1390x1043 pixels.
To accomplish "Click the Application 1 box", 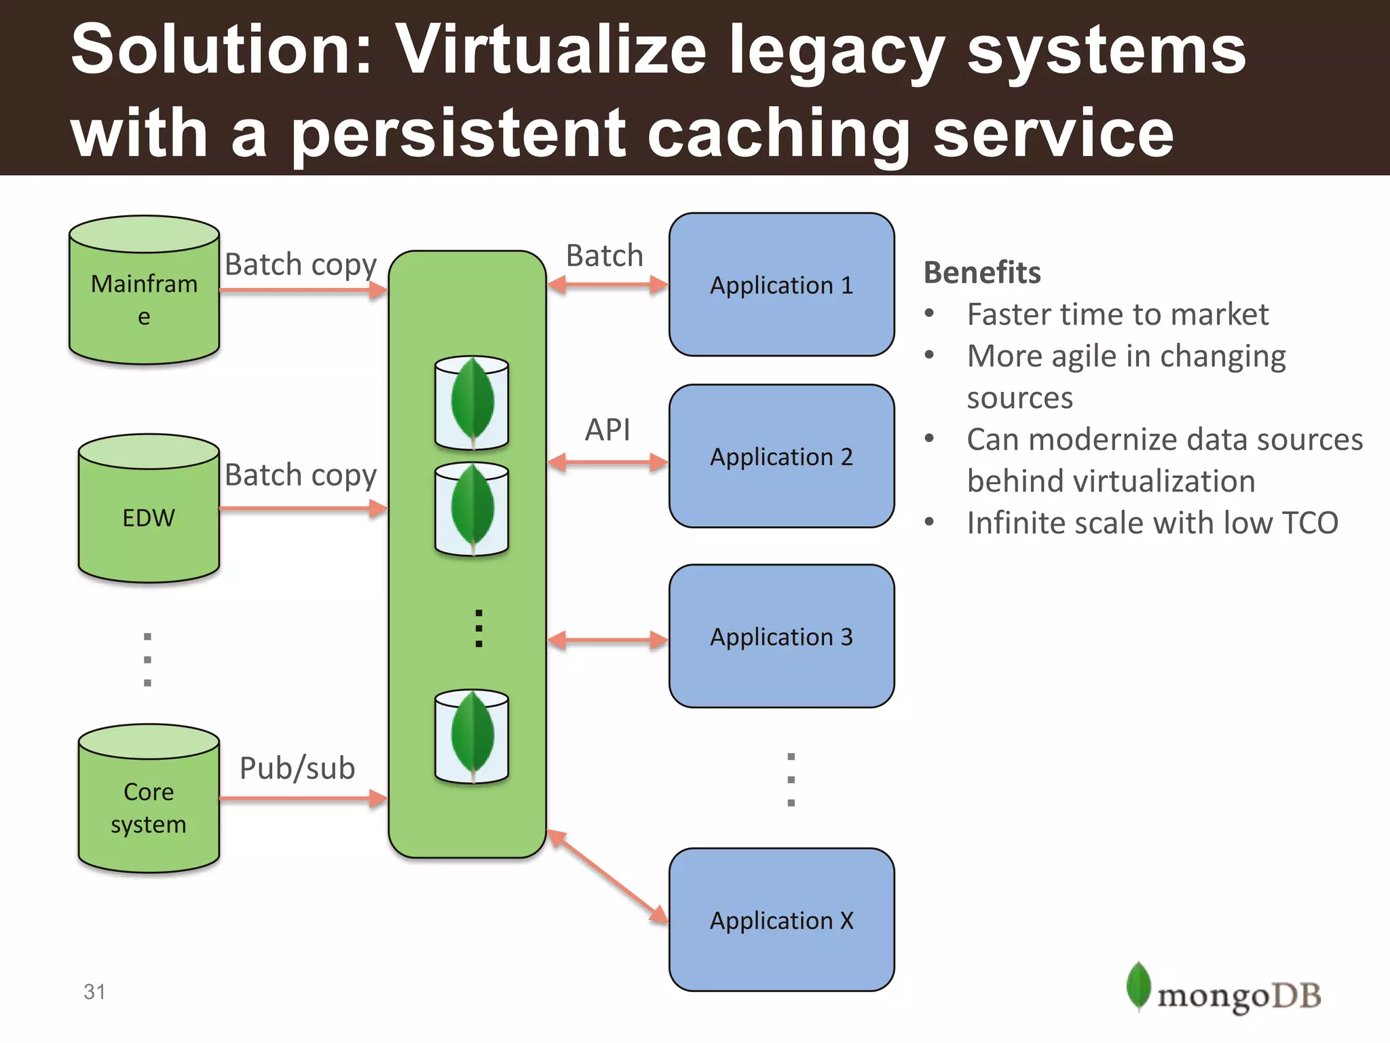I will pyautogui.click(x=781, y=285).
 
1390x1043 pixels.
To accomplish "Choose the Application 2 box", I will pyautogui.click(x=781, y=456).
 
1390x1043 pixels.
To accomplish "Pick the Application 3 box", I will pyautogui.click(x=781, y=636).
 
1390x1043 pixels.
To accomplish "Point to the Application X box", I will pyautogui.click(x=781, y=919).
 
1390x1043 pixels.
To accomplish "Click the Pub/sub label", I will pyautogui.click(x=297, y=768).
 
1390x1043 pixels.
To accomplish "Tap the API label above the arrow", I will pyautogui.click(x=607, y=430).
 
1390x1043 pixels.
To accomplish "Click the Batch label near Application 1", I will pyautogui.click(x=604, y=256).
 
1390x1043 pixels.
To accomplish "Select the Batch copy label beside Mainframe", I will pyautogui.click(x=301, y=264).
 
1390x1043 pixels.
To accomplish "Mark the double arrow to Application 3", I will pyautogui.click(x=607, y=640).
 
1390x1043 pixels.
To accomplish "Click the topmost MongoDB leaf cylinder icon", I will pyautogui.click(x=472, y=403).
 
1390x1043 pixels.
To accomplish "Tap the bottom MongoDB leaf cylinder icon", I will pyautogui.click(x=472, y=737).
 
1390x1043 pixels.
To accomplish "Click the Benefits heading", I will pyautogui.click(x=981, y=272).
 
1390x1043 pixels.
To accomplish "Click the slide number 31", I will pyautogui.click(x=94, y=991).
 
